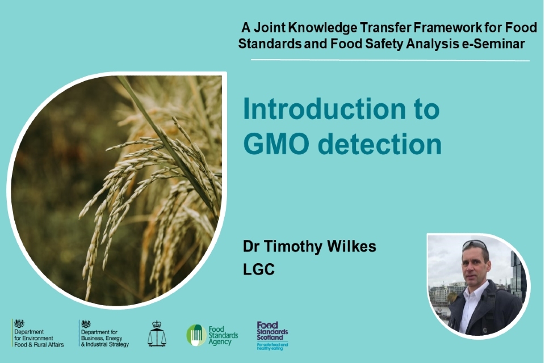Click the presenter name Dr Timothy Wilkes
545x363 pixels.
[x=309, y=247]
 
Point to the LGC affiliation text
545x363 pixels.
[x=259, y=269]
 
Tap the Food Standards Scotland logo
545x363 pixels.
[x=272, y=335]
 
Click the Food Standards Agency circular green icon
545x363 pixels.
[x=196, y=335]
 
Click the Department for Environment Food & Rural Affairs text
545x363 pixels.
[x=39, y=338]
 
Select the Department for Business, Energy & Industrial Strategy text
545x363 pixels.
[x=105, y=338]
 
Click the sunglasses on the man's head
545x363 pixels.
[x=473, y=245]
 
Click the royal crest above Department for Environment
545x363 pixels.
[x=20, y=324]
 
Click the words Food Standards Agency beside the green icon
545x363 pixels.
[x=223, y=335]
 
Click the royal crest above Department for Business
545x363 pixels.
[x=86, y=324]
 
